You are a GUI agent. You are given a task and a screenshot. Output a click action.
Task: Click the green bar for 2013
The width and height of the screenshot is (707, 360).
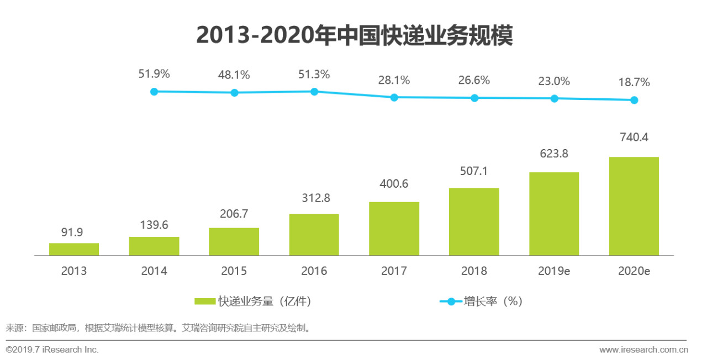pos(74,249)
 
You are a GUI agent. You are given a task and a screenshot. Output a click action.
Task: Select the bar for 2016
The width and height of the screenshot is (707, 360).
pos(314,235)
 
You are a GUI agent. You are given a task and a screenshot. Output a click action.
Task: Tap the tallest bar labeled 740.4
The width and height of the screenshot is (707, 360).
pos(634,206)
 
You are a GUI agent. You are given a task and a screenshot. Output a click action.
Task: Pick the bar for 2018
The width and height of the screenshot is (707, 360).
pos(474,221)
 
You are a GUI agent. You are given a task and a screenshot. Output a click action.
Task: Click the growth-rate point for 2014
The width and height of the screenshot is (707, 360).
pos(154,92)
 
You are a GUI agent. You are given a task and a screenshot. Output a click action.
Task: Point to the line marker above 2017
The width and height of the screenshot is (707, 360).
pos(394,97)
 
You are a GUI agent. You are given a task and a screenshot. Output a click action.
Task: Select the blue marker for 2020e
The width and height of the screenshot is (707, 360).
pos(634,100)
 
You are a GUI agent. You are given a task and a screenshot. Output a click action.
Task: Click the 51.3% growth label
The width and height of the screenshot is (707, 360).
pos(314,75)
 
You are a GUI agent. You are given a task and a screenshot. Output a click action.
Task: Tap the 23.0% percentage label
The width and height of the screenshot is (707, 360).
pos(553,81)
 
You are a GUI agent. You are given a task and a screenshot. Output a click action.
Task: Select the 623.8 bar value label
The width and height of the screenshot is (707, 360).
pos(553,155)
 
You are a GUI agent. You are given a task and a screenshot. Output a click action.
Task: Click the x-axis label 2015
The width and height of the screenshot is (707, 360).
pos(234,271)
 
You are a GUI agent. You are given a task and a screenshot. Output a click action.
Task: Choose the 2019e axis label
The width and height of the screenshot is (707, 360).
pos(553,271)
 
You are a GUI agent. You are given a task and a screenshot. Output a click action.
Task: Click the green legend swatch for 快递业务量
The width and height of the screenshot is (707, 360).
pos(205,301)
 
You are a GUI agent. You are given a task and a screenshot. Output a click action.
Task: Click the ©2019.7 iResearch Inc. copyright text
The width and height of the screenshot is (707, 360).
pos(52,350)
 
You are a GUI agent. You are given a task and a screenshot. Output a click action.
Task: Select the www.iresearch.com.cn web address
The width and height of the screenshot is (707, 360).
pos(643,350)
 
